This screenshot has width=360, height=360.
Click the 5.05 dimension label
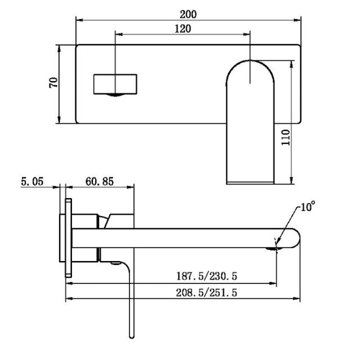click(x=33, y=181)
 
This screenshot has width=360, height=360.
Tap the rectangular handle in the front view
click(x=115, y=84)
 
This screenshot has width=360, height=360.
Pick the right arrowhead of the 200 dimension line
click(x=298, y=20)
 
